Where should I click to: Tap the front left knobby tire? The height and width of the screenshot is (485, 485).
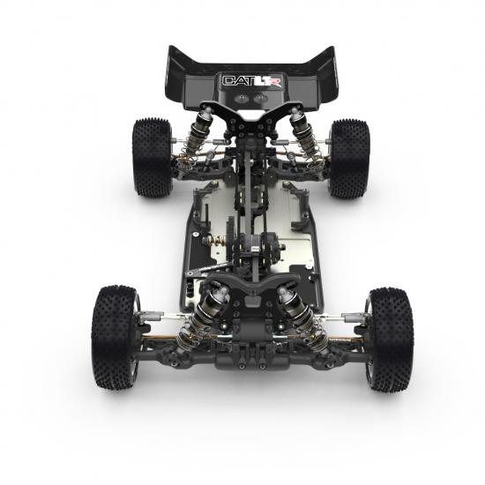[x=116, y=335]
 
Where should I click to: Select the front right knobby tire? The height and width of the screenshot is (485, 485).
[x=389, y=337]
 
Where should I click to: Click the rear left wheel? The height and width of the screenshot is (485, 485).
[x=151, y=156]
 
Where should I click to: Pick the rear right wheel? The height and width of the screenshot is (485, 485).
[x=349, y=157]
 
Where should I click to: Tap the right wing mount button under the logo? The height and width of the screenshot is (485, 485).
[x=265, y=100]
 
